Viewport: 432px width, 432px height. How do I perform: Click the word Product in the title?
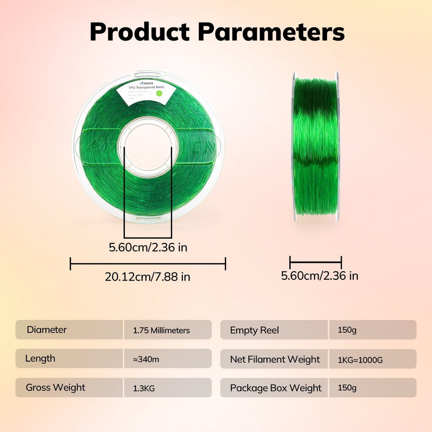click(140, 32)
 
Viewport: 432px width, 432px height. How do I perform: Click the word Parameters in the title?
click(271, 32)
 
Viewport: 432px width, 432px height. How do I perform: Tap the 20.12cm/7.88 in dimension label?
click(148, 277)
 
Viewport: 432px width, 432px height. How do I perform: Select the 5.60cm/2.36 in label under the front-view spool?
click(148, 247)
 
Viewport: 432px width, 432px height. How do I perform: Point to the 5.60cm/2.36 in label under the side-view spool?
click(320, 276)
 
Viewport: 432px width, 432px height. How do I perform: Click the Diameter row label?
click(47, 329)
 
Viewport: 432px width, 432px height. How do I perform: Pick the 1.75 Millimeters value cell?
click(161, 330)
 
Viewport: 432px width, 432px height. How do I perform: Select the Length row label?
click(40, 359)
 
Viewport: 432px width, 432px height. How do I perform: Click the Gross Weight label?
click(55, 387)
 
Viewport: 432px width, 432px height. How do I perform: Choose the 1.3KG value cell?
click(143, 388)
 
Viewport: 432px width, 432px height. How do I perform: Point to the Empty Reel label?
click(254, 330)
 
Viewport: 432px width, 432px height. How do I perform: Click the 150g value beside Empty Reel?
click(347, 330)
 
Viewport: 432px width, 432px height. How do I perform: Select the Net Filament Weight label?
click(275, 359)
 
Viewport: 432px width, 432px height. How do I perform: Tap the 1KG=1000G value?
click(360, 360)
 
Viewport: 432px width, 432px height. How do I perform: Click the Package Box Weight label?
click(276, 388)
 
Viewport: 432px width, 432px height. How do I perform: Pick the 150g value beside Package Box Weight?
click(347, 388)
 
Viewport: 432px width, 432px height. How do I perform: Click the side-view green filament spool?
click(316, 146)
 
